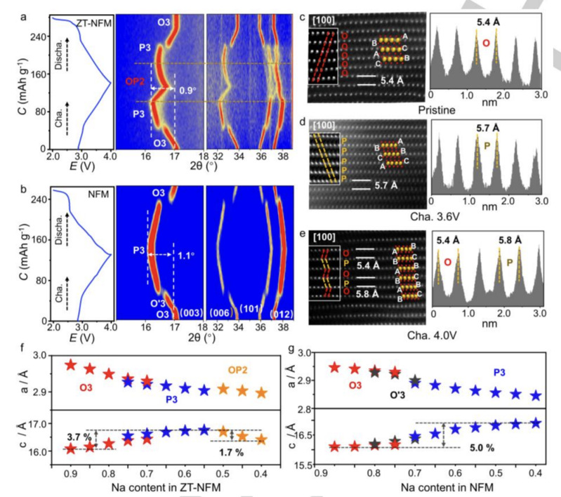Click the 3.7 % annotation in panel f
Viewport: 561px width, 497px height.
pyautogui.click(x=74, y=437)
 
